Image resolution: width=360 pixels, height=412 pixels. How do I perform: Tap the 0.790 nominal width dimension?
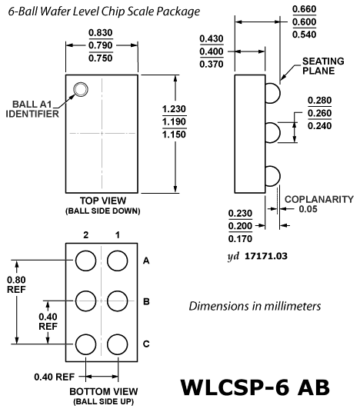click(x=101, y=45)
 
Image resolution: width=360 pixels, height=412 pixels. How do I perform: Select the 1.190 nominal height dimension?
click(x=174, y=121)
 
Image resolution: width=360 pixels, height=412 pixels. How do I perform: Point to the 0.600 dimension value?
click(x=305, y=22)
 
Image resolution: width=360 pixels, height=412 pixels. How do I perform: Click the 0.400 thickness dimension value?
click(x=212, y=51)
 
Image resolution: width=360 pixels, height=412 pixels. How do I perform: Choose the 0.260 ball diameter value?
click(x=319, y=113)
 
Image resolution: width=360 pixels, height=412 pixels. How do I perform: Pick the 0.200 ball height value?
click(x=240, y=226)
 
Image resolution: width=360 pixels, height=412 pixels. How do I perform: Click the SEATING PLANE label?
click(x=323, y=66)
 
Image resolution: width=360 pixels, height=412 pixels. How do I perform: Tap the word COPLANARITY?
click(x=319, y=199)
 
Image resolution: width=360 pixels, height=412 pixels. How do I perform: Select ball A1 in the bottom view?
click(x=117, y=261)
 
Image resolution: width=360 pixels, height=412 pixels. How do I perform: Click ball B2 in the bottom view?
click(x=85, y=301)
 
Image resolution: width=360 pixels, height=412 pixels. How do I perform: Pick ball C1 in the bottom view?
click(x=117, y=344)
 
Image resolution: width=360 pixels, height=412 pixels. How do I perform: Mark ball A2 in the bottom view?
click(x=85, y=261)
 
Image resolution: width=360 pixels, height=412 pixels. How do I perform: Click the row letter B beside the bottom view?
click(x=146, y=301)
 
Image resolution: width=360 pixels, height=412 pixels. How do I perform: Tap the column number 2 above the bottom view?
click(x=86, y=234)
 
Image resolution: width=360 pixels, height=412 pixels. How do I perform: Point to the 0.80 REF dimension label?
click(x=16, y=284)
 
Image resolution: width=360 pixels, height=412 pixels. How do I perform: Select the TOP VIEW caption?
click(x=103, y=201)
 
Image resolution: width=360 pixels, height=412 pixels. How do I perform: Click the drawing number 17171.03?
click(x=266, y=256)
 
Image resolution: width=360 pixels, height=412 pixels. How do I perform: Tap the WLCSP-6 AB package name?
click(x=255, y=387)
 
